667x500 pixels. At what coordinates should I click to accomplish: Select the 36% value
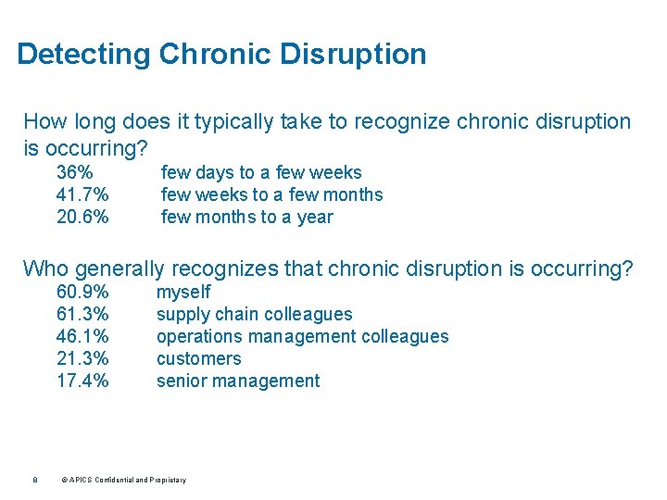pyautogui.click(x=74, y=172)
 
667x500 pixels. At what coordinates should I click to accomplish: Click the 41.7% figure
pyautogui.click(x=82, y=194)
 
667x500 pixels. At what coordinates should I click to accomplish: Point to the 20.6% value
pyautogui.click(x=82, y=217)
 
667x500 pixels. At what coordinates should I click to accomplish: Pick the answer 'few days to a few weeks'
pyautogui.click(x=261, y=172)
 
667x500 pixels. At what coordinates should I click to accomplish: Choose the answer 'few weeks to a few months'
pyautogui.click(x=271, y=194)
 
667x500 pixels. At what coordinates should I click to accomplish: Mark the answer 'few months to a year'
pyautogui.click(x=247, y=217)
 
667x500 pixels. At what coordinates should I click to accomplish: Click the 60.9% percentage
pyautogui.click(x=82, y=292)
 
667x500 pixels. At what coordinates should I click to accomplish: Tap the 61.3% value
pyautogui.click(x=82, y=314)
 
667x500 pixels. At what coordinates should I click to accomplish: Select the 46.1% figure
pyautogui.click(x=82, y=336)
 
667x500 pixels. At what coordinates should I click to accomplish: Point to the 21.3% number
pyautogui.click(x=82, y=358)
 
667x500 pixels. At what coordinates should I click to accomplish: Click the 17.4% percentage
pyautogui.click(x=82, y=381)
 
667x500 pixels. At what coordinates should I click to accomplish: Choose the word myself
pyautogui.click(x=183, y=292)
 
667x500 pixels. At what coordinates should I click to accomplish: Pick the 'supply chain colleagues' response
pyautogui.click(x=254, y=314)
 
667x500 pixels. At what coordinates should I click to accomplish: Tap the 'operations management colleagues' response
pyautogui.click(x=302, y=336)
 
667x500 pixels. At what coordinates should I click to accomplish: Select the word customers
pyautogui.click(x=198, y=358)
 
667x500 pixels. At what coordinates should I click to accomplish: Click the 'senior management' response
pyautogui.click(x=238, y=381)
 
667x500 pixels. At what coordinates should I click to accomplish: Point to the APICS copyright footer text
pyautogui.click(x=123, y=480)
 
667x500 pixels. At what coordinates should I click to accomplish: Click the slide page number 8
pyautogui.click(x=33, y=480)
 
